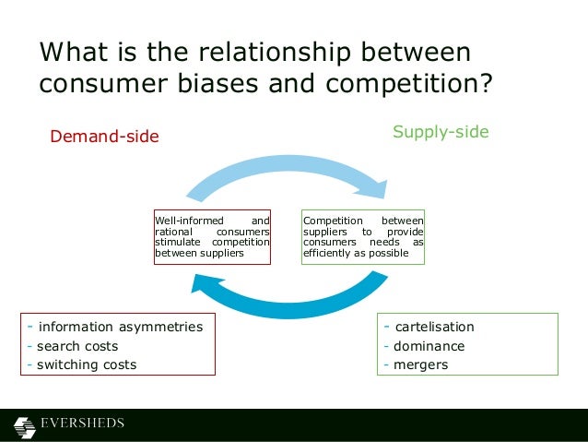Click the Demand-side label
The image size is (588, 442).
click(x=104, y=137)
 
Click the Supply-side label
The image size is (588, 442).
click(x=441, y=132)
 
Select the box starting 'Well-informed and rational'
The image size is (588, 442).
click(x=212, y=237)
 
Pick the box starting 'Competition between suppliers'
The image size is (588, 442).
click(x=363, y=237)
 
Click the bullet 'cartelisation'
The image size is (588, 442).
click(x=433, y=327)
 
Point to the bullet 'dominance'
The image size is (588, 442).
click(x=429, y=346)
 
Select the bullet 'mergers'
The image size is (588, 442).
click(x=420, y=364)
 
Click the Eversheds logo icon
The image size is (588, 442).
click(x=24, y=425)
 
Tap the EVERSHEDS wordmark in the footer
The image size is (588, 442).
click(x=82, y=424)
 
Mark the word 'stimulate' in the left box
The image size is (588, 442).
click(x=176, y=242)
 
